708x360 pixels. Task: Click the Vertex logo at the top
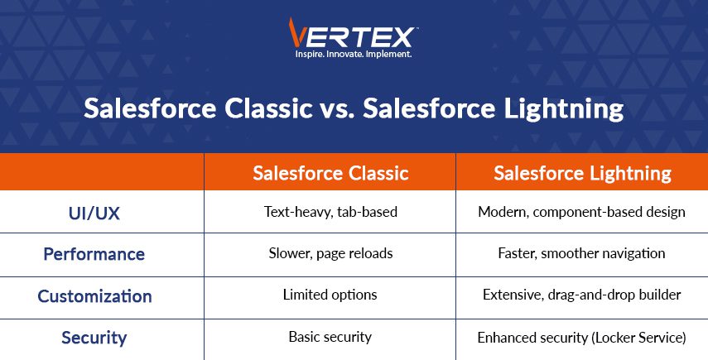pos(353,38)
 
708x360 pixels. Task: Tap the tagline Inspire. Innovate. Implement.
pos(353,54)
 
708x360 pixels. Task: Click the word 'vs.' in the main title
pos(337,109)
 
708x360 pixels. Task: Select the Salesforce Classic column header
pos(330,173)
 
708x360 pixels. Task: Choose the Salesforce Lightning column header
pos(582,174)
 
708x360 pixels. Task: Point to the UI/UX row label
pos(94,214)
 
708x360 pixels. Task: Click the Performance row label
pos(94,254)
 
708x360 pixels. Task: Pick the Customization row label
pos(94,296)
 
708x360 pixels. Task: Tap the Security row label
pos(94,338)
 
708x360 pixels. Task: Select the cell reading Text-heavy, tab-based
pos(330,212)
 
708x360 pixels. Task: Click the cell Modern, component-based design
pos(581,212)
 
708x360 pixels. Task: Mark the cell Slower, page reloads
pos(330,253)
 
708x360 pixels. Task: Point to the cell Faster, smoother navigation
pos(581,253)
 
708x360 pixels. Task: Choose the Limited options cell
pos(330,295)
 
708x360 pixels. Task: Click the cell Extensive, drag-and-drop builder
pos(581,295)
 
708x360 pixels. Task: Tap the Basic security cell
pos(330,337)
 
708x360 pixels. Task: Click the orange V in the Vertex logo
pos(296,32)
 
